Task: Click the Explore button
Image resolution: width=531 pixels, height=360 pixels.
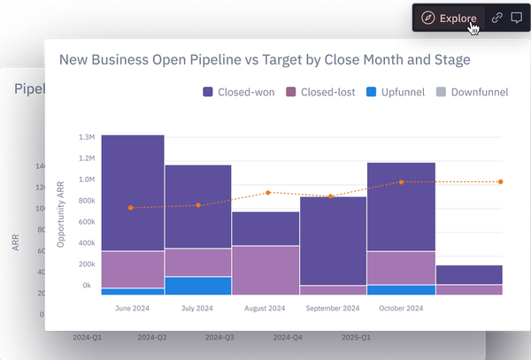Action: (450, 18)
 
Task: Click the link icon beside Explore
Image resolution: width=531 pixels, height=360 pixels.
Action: (496, 18)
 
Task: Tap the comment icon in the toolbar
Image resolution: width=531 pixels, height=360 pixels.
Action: (516, 18)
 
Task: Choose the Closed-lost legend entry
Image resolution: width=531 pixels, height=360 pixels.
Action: (326, 92)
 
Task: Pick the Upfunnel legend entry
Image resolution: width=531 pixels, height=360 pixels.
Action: (400, 92)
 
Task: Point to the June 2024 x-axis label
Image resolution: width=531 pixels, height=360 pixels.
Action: (133, 308)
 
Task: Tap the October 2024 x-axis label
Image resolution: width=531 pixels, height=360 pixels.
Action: (401, 308)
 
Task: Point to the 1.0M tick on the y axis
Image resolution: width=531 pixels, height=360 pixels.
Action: (86, 180)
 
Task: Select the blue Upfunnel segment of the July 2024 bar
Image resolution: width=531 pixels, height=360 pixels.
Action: (198, 285)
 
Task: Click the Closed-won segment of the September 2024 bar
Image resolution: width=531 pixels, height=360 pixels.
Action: (334, 239)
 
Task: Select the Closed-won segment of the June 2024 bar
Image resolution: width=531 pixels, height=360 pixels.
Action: (133, 192)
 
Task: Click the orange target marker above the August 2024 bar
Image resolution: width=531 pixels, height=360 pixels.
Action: (267, 192)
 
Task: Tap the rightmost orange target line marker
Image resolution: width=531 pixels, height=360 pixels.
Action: (501, 181)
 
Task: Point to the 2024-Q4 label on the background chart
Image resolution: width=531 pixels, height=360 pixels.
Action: (288, 338)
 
